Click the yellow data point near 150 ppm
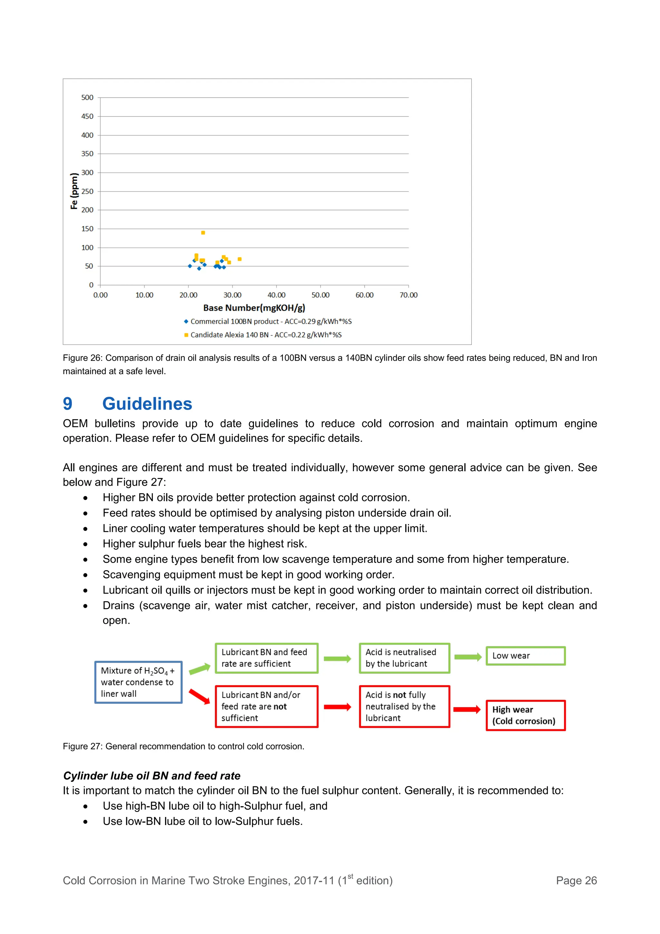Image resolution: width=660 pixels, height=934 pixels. pyautogui.click(x=203, y=233)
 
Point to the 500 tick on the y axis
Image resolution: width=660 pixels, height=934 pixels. pyautogui.click(x=87, y=98)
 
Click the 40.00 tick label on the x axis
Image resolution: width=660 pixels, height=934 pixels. pyautogui.click(x=276, y=295)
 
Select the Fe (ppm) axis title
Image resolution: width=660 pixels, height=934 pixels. pyautogui.click(x=74, y=191)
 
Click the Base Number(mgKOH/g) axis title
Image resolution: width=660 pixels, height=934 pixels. pyautogui.click(x=254, y=308)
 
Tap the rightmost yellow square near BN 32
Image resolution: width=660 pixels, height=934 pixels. pyautogui.click(x=239, y=259)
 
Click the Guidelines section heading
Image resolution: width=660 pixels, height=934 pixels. pyautogui.click(x=147, y=404)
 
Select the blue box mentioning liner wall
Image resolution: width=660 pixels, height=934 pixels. pyautogui.click(x=138, y=682)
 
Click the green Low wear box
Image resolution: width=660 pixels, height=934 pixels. pyautogui.click(x=525, y=656)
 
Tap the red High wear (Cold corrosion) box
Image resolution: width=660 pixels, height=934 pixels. pyautogui.click(x=525, y=715)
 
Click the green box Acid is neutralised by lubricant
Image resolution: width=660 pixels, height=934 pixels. pyautogui.click(x=404, y=658)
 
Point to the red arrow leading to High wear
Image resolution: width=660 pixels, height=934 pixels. pyautogui.click(x=467, y=709)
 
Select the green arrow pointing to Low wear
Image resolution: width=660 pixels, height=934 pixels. pyautogui.click(x=468, y=657)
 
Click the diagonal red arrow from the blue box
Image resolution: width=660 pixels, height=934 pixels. pyautogui.click(x=199, y=696)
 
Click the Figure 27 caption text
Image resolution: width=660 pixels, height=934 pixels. pyautogui.click(x=183, y=746)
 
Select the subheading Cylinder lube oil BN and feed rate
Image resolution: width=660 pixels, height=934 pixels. pyautogui.click(x=152, y=776)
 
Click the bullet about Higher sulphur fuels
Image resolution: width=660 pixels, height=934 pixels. pyautogui.click(x=205, y=544)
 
